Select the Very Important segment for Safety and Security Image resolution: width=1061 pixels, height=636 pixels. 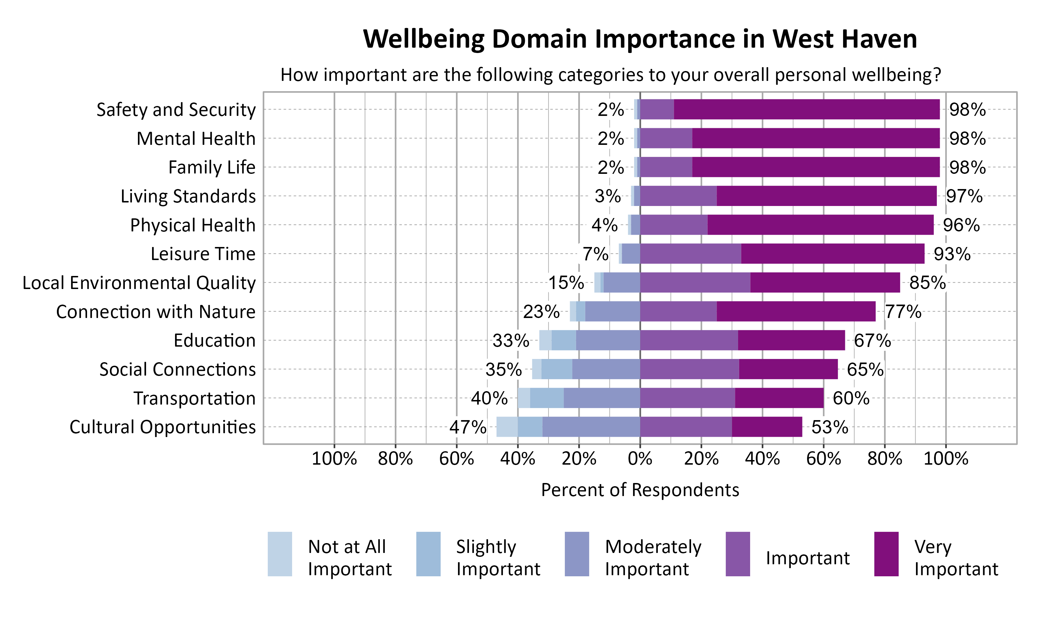click(806, 109)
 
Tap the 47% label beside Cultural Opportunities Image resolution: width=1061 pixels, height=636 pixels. click(468, 427)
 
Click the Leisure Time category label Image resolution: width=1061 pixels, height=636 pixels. click(203, 254)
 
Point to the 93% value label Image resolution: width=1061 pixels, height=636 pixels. click(952, 254)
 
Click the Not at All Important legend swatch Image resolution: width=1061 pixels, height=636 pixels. click(280, 554)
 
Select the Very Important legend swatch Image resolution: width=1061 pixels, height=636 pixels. click(886, 554)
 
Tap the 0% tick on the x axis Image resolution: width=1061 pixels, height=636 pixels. click(640, 459)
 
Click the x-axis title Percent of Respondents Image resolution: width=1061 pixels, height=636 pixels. click(640, 490)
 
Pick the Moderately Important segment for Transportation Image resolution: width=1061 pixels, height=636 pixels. click(601, 398)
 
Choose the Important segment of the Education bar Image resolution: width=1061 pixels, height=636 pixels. click(689, 340)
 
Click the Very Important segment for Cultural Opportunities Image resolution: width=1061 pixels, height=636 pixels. click(767, 427)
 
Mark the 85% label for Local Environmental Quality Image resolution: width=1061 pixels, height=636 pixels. click(927, 283)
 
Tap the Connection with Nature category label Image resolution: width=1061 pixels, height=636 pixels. click(156, 312)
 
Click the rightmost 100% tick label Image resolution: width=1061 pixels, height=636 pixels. click(945, 459)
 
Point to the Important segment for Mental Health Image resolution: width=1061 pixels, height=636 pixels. click(666, 139)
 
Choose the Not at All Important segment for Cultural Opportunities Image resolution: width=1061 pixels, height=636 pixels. click(506, 427)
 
